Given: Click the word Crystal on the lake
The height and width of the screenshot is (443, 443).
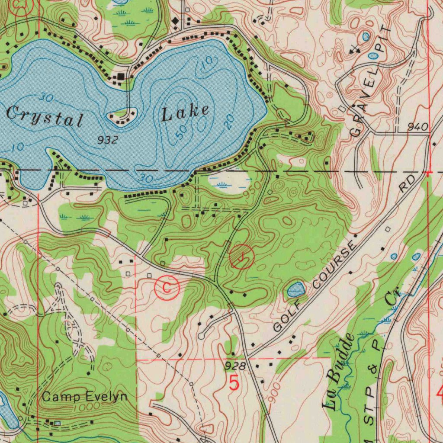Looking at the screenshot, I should click(44, 116).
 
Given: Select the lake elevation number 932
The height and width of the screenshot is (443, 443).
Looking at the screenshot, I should click(107, 140).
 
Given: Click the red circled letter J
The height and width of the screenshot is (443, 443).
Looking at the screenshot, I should click(242, 257).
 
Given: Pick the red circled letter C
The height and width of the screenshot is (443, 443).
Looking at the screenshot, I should click(167, 287).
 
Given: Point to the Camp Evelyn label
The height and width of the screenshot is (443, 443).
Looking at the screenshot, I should click(85, 396).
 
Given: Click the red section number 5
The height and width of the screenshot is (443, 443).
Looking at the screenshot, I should click(234, 383).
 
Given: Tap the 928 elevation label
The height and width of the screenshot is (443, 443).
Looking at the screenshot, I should click(235, 366).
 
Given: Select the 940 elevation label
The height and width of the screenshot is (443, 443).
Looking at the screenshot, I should click(418, 127).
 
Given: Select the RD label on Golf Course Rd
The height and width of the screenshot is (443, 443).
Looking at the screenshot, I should click(407, 184).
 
